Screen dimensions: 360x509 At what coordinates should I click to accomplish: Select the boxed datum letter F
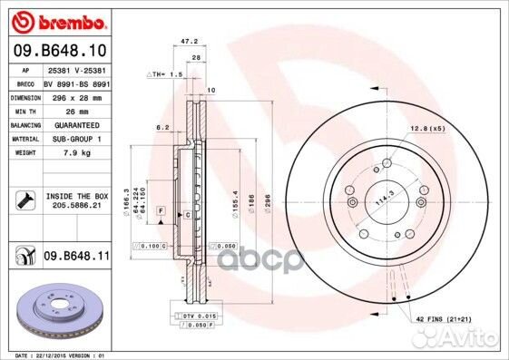coord(159,211)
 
